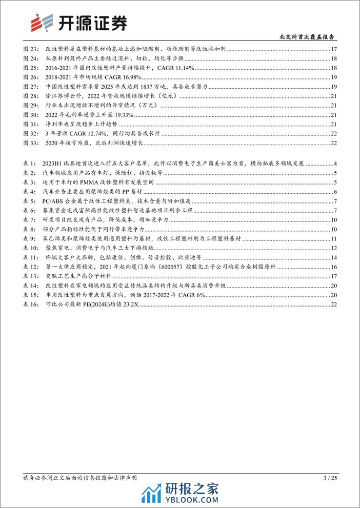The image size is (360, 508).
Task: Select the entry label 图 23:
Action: pos(31,50)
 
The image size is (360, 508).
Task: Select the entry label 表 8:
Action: pos(30,229)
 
